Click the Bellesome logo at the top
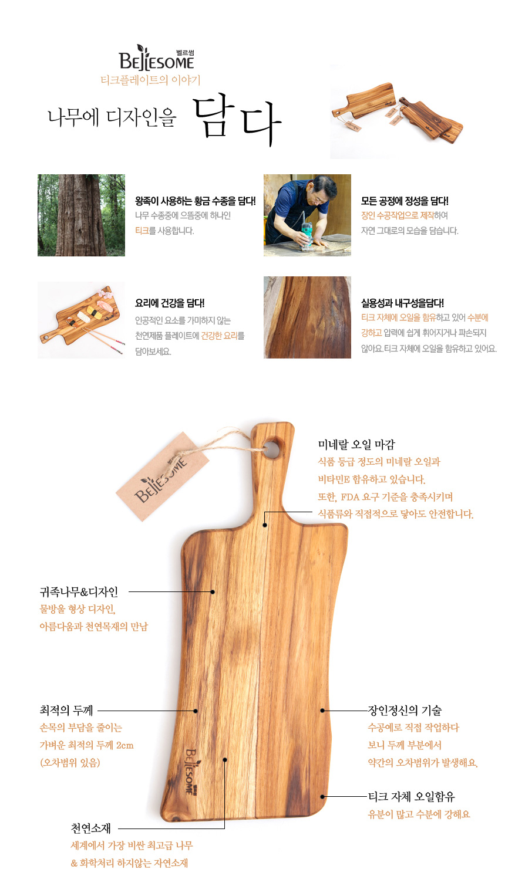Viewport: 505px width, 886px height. pos(157,58)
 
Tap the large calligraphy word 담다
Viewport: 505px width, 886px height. pos(237,120)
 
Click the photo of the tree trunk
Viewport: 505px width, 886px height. pos(81,215)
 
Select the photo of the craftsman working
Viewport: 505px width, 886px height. pos(307,215)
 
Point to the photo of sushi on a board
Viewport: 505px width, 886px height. pos(81,320)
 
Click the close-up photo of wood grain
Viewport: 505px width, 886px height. pos(307,317)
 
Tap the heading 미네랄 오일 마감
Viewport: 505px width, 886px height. pos(356,445)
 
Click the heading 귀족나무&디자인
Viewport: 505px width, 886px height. pos(79,591)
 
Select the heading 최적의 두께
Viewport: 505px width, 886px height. pos(66,711)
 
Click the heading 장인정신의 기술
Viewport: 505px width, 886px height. pos(405,711)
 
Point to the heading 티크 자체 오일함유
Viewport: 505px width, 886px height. pos(412,796)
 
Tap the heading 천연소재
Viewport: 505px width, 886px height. pos(90,828)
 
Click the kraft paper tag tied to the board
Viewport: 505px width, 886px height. pos(162,476)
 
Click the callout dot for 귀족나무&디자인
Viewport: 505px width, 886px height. pos(213,592)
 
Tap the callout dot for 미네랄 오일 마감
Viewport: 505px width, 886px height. pos(265,525)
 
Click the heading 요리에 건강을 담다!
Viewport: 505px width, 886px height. pos(170,303)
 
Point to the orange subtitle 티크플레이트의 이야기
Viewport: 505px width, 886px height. pos(150,80)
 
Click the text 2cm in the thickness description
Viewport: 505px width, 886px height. pos(125,746)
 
